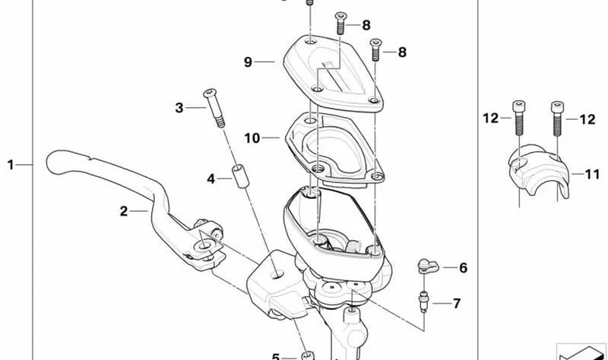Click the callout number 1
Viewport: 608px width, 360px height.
tap(11, 165)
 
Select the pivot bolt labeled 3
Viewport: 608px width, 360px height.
tap(214, 108)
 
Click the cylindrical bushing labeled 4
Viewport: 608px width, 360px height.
tap(239, 177)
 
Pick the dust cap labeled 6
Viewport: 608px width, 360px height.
tap(427, 267)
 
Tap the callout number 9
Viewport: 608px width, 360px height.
tap(249, 62)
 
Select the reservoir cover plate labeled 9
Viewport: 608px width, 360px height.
tap(334, 73)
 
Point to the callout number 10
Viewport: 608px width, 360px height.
tap(252, 138)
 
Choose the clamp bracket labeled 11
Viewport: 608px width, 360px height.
tap(539, 170)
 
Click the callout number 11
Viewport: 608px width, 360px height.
tap(592, 175)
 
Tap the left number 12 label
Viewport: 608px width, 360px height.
tap(490, 118)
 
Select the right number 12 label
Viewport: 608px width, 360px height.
tap(587, 119)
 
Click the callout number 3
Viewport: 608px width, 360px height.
tap(179, 108)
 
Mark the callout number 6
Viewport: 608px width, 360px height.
tap(464, 268)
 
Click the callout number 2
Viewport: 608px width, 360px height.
tap(124, 211)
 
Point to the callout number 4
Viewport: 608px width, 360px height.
tap(211, 178)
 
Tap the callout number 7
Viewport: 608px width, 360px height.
tap(457, 304)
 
